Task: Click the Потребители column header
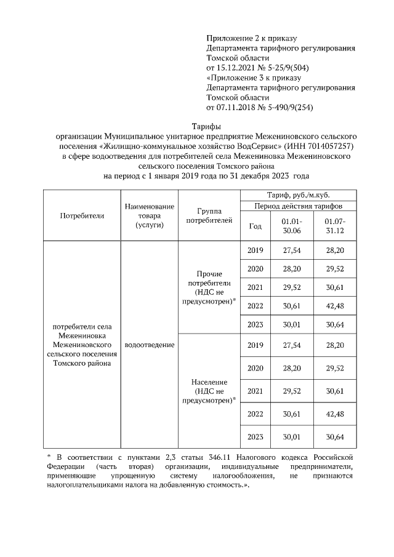pyautogui.click(x=82, y=215)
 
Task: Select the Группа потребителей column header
pyautogui.click(x=209, y=215)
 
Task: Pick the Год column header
pyautogui.click(x=255, y=226)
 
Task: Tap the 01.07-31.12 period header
pyautogui.click(x=335, y=225)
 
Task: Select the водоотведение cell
pyautogui.click(x=149, y=345)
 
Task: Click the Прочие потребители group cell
pyautogui.click(x=209, y=287)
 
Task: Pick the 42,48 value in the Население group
pyautogui.click(x=335, y=414)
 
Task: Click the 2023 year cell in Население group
pyautogui.click(x=255, y=437)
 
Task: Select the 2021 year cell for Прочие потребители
pyautogui.click(x=255, y=287)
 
